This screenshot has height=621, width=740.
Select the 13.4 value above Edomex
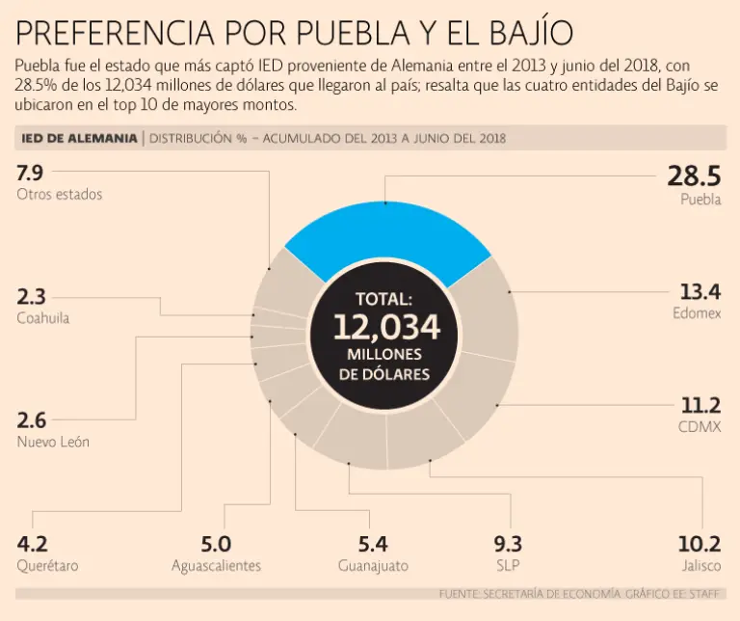700,291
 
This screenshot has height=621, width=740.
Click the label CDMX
700,426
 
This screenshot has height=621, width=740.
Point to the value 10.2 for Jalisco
699,544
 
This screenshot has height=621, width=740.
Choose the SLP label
508,566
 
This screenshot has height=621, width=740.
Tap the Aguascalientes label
216,566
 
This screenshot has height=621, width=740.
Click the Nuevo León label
54,443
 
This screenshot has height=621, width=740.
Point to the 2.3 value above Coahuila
31,296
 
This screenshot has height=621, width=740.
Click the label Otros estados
60,194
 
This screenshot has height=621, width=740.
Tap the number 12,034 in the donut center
386,327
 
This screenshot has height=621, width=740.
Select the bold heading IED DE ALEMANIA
79,138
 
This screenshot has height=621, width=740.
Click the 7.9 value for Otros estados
31,173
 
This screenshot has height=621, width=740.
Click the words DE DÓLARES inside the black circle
385,374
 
